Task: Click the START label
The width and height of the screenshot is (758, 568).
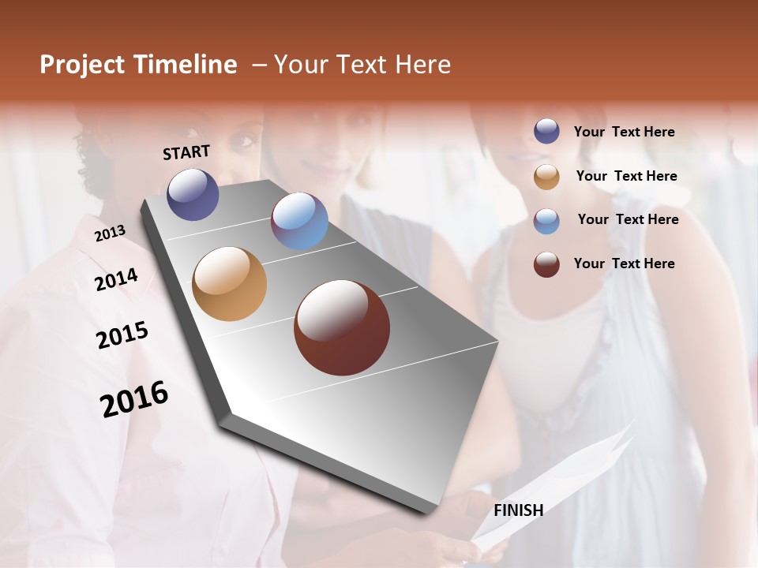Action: tap(186, 152)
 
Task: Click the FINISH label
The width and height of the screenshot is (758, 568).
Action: tap(518, 510)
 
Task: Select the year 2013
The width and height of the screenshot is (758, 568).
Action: tap(110, 234)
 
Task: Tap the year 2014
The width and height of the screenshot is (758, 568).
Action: tap(116, 280)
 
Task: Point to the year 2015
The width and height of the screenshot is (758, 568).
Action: tap(122, 335)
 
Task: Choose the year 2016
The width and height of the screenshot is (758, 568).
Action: tap(134, 399)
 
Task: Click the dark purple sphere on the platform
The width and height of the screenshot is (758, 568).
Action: tap(193, 194)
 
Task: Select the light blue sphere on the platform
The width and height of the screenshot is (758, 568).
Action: tap(299, 221)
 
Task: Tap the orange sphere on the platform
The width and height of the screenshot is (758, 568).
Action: tap(230, 284)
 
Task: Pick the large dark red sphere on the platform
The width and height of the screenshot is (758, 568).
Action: tap(342, 327)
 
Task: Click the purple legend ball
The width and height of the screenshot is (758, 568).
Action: tap(546, 132)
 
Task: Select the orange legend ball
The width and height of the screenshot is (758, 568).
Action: tap(546, 177)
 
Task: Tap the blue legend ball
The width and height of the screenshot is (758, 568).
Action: tap(546, 221)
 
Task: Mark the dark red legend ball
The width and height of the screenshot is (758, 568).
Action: tap(546, 264)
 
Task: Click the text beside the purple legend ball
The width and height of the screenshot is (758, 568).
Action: tap(624, 133)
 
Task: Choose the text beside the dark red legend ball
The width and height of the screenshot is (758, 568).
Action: tap(624, 263)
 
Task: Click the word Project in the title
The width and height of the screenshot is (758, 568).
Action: tap(82, 65)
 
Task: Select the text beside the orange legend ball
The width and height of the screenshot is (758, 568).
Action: tap(626, 176)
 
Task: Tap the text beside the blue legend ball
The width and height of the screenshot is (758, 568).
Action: tap(628, 219)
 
